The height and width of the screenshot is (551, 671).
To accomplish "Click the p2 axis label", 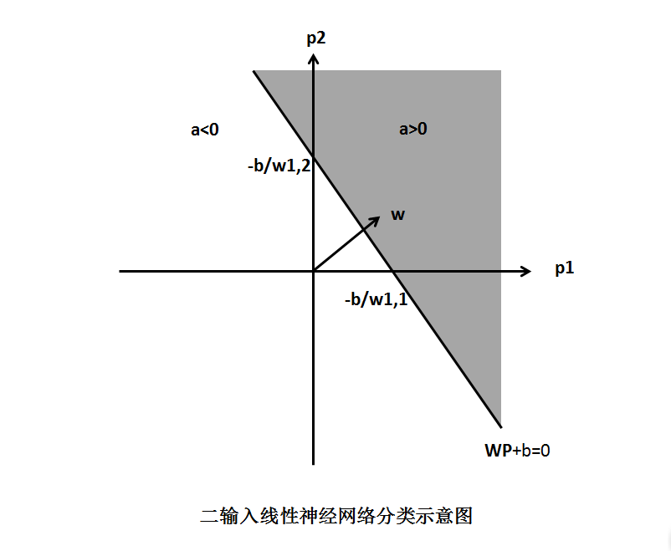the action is [316, 39].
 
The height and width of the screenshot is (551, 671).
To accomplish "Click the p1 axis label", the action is [565, 268].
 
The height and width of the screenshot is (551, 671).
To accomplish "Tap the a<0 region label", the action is [204, 130].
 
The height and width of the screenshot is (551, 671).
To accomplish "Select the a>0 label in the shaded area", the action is [413, 129].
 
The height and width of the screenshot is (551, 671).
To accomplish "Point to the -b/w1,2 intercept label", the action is [279, 165].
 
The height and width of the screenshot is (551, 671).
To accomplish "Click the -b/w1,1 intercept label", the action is [376, 299].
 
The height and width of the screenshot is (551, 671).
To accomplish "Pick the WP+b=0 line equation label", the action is [517, 451].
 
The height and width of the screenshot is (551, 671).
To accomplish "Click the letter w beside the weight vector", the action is [398, 215].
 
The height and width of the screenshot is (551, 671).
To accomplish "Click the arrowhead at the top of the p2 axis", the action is [314, 54].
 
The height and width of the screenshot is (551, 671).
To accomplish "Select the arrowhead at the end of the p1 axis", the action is [530, 271].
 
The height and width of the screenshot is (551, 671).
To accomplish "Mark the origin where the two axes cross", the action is [314, 271].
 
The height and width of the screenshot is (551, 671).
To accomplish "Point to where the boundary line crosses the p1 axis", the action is [393, 271].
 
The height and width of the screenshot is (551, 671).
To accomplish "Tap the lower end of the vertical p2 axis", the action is [314, 464].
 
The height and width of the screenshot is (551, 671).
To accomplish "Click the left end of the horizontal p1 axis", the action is [120, 271].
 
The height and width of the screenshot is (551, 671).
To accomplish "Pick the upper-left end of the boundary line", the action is [254, 71].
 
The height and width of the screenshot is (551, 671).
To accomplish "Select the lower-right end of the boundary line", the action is [501, 427].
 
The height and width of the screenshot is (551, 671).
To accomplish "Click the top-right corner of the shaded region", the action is [500, 70].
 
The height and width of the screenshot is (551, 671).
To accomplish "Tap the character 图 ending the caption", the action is [463, 516].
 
